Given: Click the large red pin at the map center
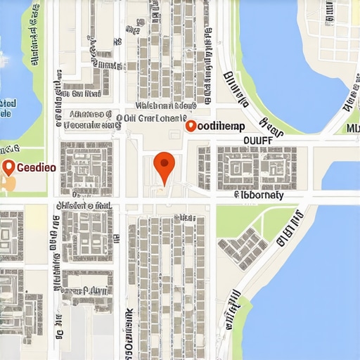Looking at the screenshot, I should pos(163,165).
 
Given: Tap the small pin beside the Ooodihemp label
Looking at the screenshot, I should pos(189,127).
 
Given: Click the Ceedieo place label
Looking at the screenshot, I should pos(31,168).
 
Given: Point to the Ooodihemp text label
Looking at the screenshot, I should pos(219,127).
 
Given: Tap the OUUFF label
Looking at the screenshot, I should pos(261,140).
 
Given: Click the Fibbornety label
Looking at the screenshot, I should pos(258,195).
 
